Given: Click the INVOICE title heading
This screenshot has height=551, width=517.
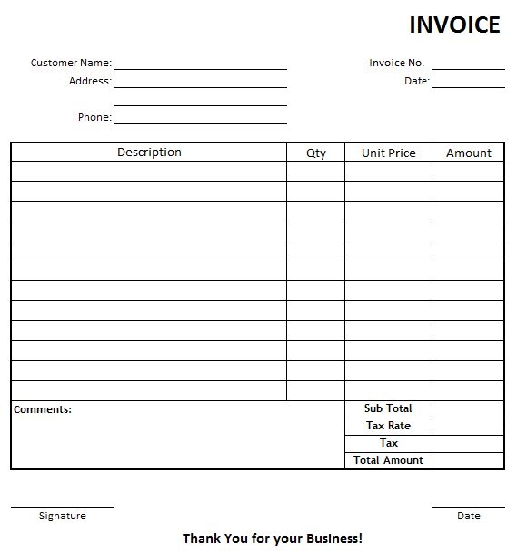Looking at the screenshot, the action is click(x=454, y=25).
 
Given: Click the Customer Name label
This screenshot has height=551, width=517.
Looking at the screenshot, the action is click(x=71, y=63).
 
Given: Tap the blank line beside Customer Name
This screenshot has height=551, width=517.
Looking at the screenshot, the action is click(x=200, y=66).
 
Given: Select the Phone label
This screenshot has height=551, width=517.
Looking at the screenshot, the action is click(x=94, y=117).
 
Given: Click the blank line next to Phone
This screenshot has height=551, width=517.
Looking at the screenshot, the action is click(x=200, y=121).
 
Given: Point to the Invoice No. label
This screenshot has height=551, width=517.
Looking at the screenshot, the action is click(x=396, y=63).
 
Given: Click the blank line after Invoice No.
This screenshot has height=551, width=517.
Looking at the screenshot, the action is click(x=468, y=66).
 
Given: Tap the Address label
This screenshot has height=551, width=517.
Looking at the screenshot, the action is click(x=90, y=81).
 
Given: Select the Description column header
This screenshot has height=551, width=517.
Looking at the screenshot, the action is click(x=149, y=153).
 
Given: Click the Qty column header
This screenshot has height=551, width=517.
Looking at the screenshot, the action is click(x=315, y=153).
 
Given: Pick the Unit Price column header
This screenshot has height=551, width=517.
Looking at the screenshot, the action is click(x=388, y=153).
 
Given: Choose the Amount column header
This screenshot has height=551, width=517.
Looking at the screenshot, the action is click(x=468, y=153).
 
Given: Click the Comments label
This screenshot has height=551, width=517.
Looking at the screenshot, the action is click(x=43, y=409).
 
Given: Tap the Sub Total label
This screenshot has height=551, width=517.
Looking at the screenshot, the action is click(x=388, y=408).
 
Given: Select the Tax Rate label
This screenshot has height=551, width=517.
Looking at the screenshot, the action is click(x=388, y=426).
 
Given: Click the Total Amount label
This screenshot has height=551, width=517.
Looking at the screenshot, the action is click(x=388, y=460).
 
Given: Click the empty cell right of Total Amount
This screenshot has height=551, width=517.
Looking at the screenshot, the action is click(x=467, y=460).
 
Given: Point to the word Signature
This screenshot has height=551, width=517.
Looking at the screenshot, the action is click(x=63, y=516).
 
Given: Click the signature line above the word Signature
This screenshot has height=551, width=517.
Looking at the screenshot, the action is click(x=63, y=507).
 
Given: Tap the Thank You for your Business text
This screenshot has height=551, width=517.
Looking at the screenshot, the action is click(x=273, y=538).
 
